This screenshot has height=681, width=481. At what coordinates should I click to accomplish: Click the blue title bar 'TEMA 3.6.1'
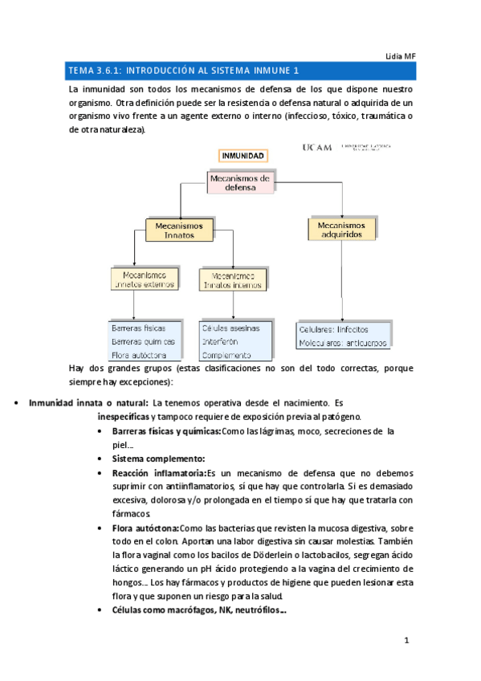(x=241, y=71)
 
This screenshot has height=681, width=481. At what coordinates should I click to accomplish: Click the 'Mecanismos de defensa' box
(x=241, y=182)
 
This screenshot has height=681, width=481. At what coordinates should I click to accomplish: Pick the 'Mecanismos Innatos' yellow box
(x=179, y=230)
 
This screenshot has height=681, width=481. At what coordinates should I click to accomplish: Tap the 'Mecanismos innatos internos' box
(x=233, y=279)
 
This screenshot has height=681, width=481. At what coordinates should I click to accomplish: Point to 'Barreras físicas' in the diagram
(x=139, y=328)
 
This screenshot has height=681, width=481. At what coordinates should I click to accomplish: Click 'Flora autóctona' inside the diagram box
(x=139, y=354)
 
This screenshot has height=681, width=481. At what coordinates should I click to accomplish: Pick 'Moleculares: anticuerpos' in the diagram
(x=342, y=342)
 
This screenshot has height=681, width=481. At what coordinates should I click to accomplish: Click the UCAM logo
(x=317, y=148)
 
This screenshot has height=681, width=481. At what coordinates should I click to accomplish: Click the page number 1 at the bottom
(x=407, y=641)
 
